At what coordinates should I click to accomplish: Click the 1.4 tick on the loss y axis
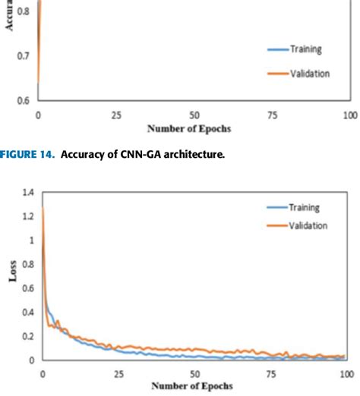click(x=28, y=194)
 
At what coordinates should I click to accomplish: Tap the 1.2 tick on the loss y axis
click(x=28, y=217)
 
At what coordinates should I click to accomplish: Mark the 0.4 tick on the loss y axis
click(x=28, y=313)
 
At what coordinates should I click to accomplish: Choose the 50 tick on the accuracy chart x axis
click(x=194, y=115)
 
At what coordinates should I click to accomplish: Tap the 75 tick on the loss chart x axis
click(x=270, y=374)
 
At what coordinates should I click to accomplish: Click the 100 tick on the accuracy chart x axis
click(x=349, y=115)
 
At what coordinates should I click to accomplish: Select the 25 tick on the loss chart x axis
click(x=118, y=374)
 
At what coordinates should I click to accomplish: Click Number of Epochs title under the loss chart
click(x=193, y=386)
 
